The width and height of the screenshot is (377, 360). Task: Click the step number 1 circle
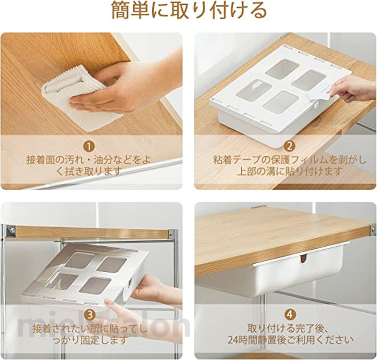[89, 147]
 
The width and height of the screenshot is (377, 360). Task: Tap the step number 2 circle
[289, 146]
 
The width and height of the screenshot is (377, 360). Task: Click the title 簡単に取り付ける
[189, 11]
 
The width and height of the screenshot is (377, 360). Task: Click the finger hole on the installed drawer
[303, 259]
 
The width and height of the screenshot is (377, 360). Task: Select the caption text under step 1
[89, 166]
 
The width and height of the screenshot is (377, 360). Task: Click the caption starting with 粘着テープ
[290, 166]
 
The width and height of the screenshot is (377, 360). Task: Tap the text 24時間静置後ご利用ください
[291, 340]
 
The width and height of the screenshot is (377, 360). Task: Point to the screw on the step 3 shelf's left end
[11, 230]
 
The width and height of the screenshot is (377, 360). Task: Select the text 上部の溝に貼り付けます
[290, 171]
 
